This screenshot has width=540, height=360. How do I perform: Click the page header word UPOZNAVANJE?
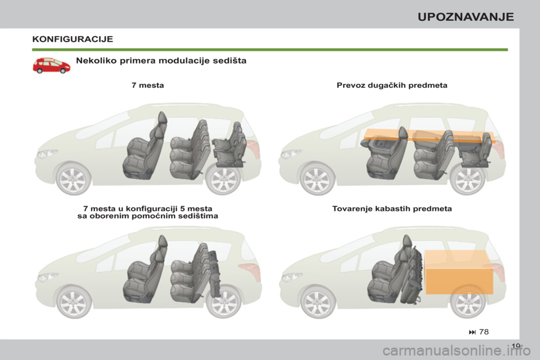click(x=466, y=16)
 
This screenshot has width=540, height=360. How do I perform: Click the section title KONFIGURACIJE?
click(x=73, y=39)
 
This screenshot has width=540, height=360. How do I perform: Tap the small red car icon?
click(x=51, y=65)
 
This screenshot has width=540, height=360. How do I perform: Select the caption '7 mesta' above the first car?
click(x=148, y=85)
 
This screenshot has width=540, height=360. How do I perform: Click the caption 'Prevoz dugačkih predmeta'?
click(x=392, y=85)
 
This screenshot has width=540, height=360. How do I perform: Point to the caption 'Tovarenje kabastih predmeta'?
click(x=392, y=209)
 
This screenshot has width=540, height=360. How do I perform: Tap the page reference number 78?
click(x=484, y=331)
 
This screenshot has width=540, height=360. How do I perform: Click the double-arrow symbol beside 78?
click(x=472, y=332)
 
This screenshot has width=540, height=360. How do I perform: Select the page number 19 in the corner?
click(x=516, y=346)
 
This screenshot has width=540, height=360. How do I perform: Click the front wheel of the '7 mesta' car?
click(x=73, y=179)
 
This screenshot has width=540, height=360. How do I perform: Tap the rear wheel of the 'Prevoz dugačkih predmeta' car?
click(x=467, y=179)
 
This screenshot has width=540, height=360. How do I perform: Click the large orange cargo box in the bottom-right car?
click(x=459, y=272)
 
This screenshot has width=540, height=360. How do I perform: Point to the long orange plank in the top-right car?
click(x=429, y=135)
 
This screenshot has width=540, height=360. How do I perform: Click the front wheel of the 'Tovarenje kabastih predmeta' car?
click(x=318, y=302)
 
